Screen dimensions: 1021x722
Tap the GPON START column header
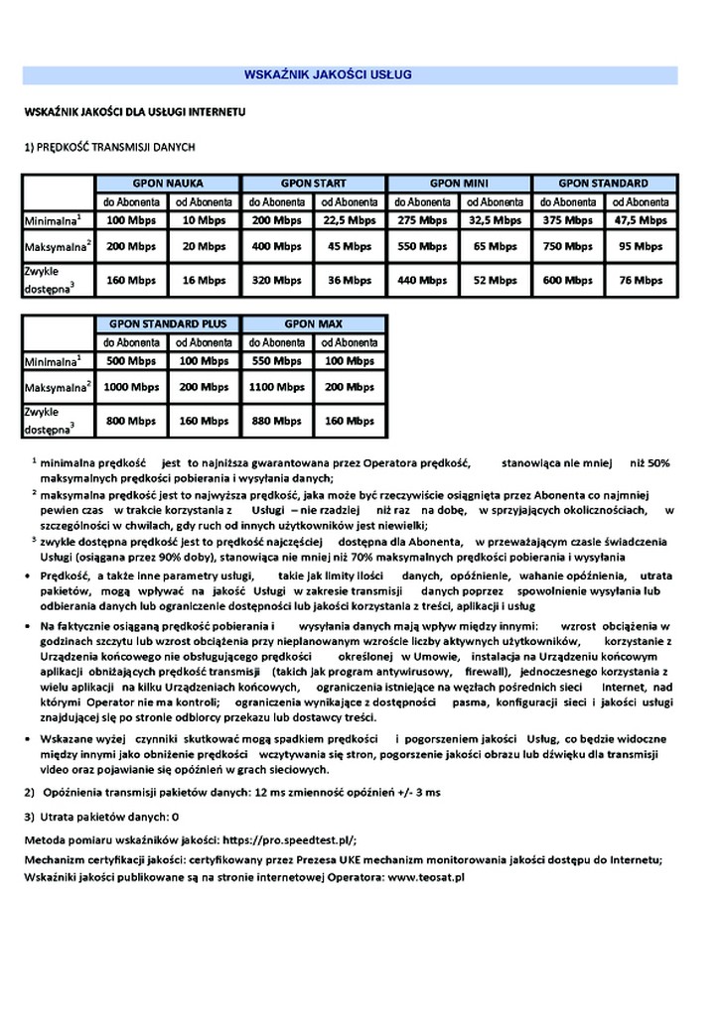pyautogui.click(x=314, y=184)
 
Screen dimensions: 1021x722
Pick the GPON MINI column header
pyautogui.click(x=459, y=184)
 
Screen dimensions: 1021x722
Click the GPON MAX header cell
pyautogui.click(x=314, y=323)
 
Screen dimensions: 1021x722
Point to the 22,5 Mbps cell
pyautogui.click(x=349, y=220)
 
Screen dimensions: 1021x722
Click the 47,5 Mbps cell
pyautogui.click(x=641, y=220)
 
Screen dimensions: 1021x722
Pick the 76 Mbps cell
pyautogui.click(x=641, y=281)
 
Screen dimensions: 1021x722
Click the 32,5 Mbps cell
pyautogui.click(x=495, y=220)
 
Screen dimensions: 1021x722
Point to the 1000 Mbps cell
pyautogui.click(x=131, y=386)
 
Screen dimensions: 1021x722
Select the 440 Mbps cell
pyautogui.click(x=422, y=281)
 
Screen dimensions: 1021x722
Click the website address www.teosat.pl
pyautogui.click(x=426, y=877)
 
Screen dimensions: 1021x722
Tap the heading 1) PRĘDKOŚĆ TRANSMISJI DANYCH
pyautogui.click(x=109, y=147)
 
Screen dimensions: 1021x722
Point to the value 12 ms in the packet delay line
pyautogui.click(x=271, y=794)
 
